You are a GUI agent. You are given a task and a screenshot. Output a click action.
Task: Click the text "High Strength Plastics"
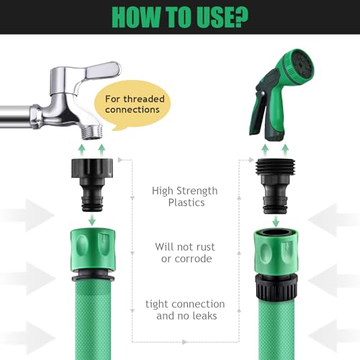(x=185, y=197)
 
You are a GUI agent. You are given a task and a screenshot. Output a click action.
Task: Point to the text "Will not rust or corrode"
(x=185, y=253)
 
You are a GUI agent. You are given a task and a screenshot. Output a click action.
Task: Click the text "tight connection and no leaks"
(x=185, y=310)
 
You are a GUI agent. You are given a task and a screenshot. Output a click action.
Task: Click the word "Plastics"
(x=185, y=203)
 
